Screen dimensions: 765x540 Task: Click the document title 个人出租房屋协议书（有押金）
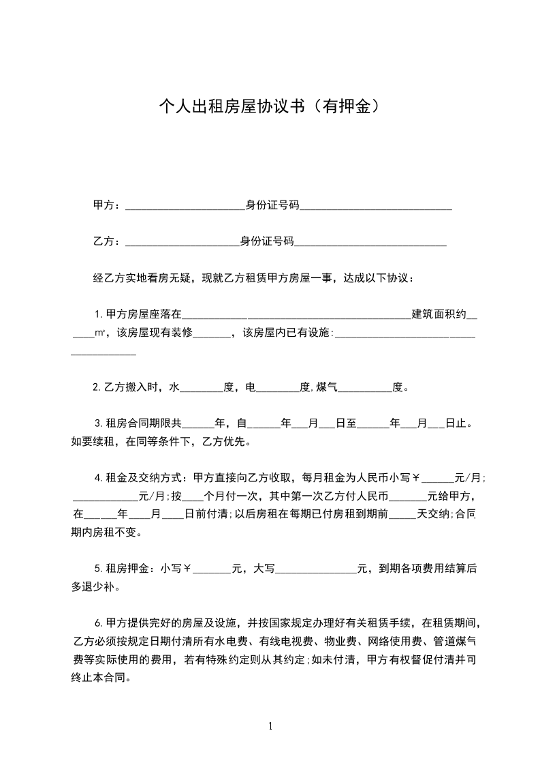pos(269,106)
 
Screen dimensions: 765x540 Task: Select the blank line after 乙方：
pos(182,242)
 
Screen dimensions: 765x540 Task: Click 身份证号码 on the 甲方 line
pos(272,205)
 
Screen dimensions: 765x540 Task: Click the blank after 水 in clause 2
pos(202,389)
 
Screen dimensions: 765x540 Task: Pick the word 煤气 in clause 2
pos(326,388)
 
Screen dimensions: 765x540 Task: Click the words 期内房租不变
pos(107,532)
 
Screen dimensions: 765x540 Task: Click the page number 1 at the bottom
pos(270,726)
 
